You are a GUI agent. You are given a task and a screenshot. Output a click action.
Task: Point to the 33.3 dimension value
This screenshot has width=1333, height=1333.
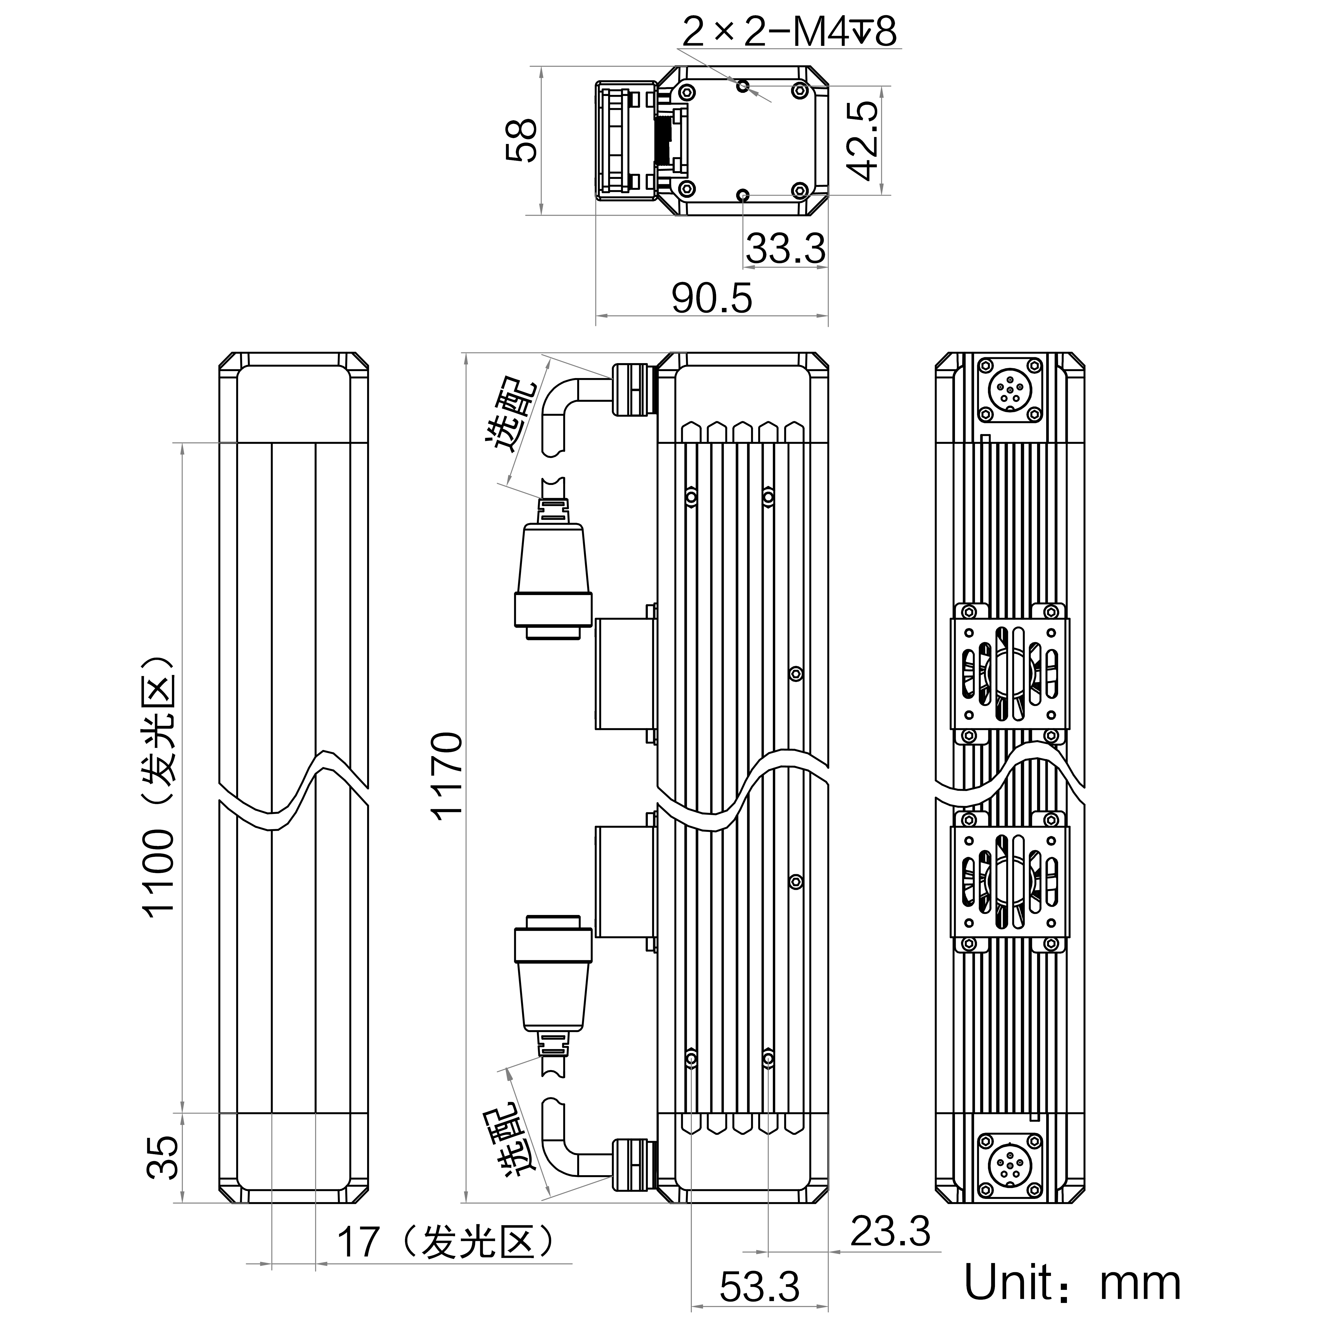(x=785, y=249)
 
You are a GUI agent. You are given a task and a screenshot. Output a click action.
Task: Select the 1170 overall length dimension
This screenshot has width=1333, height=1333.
(x=447, y=776)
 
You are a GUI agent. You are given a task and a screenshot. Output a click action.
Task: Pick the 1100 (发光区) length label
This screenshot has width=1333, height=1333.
(x=159, y=786)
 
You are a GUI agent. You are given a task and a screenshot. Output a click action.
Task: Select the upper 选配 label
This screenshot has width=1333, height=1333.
(x=512, y=414)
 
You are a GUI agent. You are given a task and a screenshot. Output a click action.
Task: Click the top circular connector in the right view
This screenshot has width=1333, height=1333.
(x=1009, y=391)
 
